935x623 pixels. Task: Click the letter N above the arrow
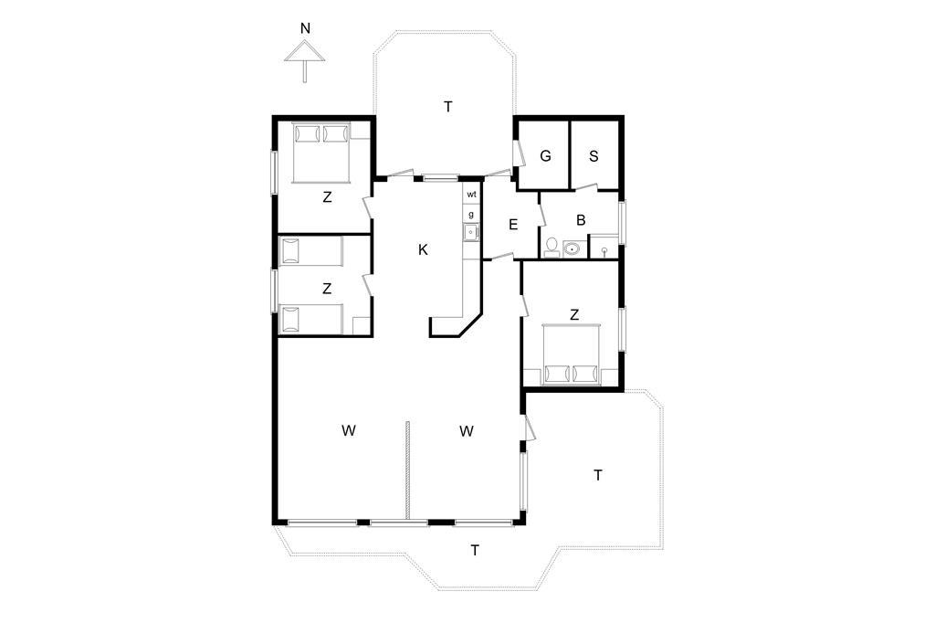(305, 28)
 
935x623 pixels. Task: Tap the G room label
(545, 156)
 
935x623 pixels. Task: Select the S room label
(594, 156)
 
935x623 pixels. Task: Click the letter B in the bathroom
(581, 220)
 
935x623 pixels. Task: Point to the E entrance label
(513, 225)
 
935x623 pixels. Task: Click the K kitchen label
(423, 250)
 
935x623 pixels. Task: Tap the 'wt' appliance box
(471, 195)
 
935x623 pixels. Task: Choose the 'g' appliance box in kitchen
(471, 215)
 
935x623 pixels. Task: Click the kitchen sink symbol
(471, 232)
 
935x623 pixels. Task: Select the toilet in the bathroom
(552, 248)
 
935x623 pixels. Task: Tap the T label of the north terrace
(447, 107)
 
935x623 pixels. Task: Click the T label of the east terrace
(597, 476)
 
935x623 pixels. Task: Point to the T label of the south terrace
(475, 550)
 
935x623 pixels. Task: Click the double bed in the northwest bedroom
(321, 153)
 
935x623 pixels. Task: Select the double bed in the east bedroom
(572, 354)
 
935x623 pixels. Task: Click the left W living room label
(349, 430)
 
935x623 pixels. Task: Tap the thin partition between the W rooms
(407, 471)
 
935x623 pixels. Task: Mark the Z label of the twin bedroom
(326, 289)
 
